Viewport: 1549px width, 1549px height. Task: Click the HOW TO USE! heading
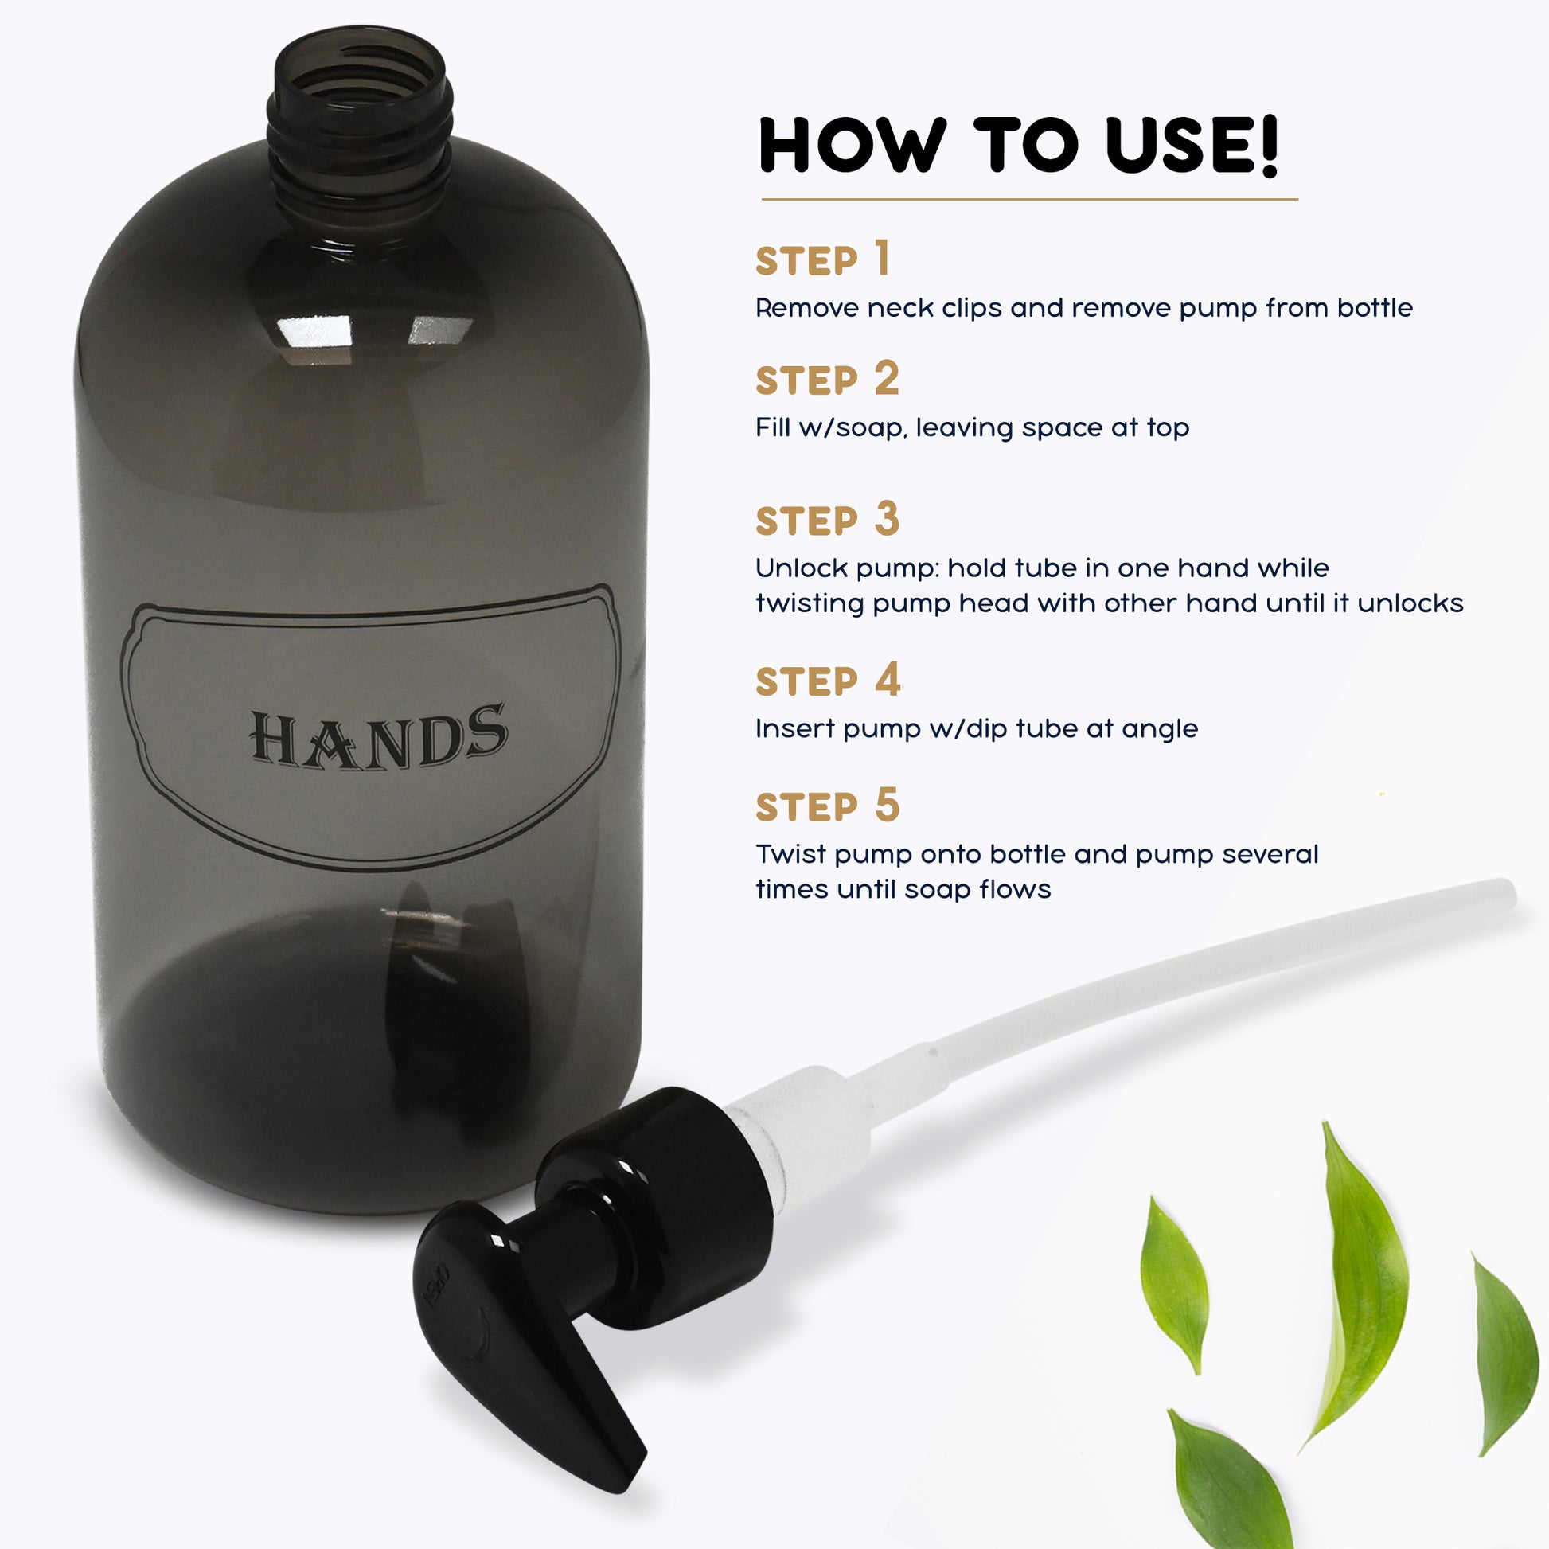click(x=1018, y=145)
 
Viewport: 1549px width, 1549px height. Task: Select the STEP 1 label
click(x=822, y=259)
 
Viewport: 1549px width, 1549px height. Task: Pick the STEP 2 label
click(x=827, y=379)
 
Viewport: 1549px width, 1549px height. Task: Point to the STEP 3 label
click(x=828, y=520)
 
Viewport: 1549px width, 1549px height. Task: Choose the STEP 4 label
click(x=828, y=680)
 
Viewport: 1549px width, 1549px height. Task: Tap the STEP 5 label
click(x=828, y=805)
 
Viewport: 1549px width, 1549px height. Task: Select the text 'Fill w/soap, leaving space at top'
click(x=972, y=427)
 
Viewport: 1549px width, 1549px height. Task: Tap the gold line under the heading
click(x=1028, y=198)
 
